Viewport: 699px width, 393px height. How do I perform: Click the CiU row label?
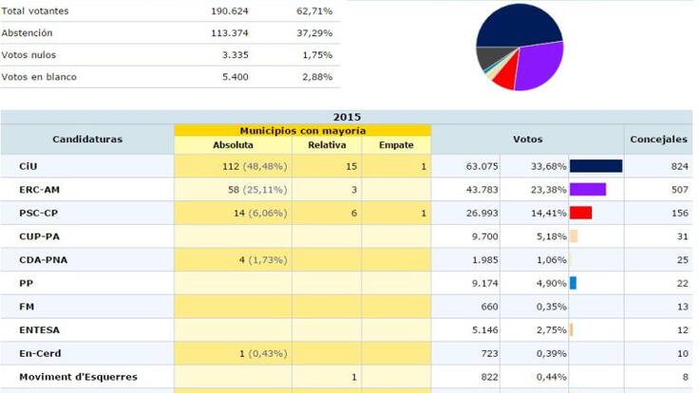28,166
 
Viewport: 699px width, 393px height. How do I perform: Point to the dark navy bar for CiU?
595,166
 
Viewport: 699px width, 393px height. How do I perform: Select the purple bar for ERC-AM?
587,189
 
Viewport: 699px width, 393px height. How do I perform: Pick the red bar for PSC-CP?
580,213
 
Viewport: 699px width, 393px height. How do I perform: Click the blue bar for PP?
573,283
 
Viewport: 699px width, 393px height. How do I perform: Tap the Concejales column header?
657,140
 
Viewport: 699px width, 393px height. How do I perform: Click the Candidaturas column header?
86,140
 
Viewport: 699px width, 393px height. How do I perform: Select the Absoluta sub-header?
233,145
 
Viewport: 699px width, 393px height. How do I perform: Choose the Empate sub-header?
396,145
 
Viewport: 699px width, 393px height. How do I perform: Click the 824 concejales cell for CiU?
657,166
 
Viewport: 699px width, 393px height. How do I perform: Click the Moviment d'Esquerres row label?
78,377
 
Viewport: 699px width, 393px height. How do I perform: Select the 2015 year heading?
347,117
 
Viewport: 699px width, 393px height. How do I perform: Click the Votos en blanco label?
39,77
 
